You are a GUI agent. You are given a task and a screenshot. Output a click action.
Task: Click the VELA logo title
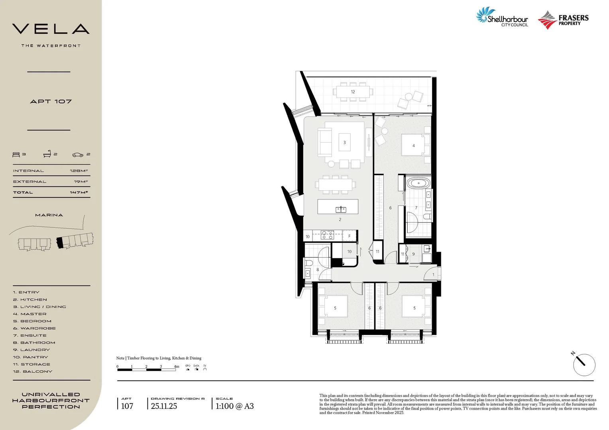(x=51, y=29)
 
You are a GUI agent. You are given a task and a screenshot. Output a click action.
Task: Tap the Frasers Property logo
(x=563, y=20)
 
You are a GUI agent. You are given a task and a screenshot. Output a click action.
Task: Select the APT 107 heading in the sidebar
(x=51, y=102)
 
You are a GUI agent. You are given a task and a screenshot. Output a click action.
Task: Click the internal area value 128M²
(x=79, y=171)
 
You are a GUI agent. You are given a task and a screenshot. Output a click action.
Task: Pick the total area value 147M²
(x=79, y=192)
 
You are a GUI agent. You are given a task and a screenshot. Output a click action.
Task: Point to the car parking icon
(x=78, y=154)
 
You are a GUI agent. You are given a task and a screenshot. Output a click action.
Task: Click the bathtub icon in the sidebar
(x=47, y=154)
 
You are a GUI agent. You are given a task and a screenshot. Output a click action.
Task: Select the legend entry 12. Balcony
(x=32, y=371)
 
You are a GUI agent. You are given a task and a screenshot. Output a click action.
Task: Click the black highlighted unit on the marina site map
(x=60, y=242)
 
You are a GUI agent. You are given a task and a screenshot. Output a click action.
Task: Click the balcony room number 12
(x=353, y=92)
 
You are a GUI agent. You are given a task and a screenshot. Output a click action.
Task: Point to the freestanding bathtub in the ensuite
(x=418, y=184)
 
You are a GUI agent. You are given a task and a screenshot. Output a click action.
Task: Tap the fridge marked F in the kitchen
(x=350, y=236)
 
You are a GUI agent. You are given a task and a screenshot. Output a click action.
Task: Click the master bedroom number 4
(x=413, y=146)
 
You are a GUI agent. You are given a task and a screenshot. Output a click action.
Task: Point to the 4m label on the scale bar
(x=176, y=366)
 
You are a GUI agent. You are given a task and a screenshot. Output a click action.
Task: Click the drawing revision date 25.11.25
(x=164, y=406)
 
